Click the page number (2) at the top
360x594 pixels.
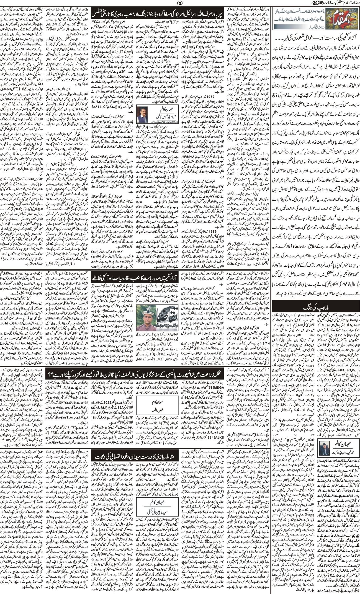tap(180, 4)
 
